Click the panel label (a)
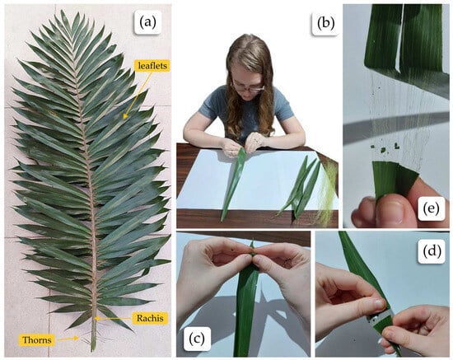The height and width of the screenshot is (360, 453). (x=147, y=22)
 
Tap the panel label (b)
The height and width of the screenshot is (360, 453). (x=325, y=22)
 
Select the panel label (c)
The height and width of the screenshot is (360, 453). (x=197, y=338)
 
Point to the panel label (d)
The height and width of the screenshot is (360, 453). (x=432, y=251)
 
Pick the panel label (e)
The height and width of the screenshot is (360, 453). (x=431, y=208)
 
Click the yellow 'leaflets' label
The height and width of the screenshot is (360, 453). (x=152, y=66)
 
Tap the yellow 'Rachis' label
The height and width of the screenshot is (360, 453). (x=150, y=318)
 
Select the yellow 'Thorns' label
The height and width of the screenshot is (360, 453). (x=37, y=339)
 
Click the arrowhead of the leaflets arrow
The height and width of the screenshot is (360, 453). (x=125, y=116)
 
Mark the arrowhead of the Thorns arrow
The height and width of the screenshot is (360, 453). (x=77, y=338)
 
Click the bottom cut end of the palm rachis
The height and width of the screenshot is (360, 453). (x=93, y=350)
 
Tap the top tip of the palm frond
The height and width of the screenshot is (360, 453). (x=62, y=11)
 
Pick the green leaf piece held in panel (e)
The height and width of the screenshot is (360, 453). (x=393, y=180)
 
